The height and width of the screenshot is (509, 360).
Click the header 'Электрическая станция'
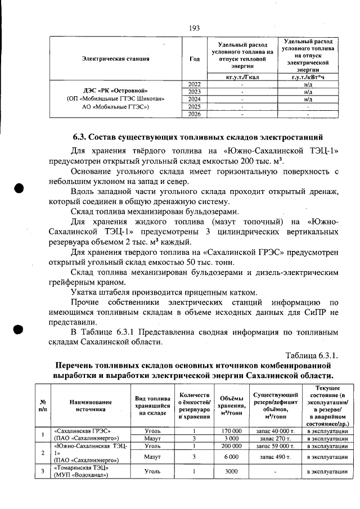click(115, 58)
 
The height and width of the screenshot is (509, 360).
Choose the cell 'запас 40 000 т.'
click(274, 431)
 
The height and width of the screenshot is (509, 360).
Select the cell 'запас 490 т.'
click(274, 457)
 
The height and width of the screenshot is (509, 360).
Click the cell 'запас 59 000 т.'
click(274, 445)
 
